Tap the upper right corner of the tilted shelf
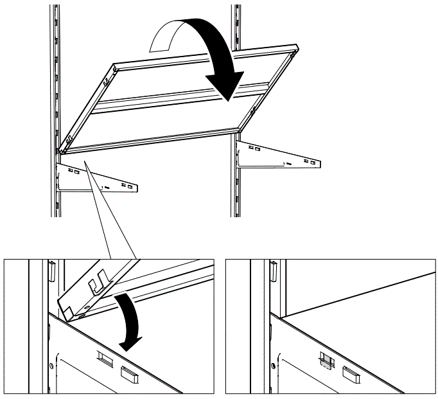[x=297, y=46]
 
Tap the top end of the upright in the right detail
[x=273, y=263]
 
